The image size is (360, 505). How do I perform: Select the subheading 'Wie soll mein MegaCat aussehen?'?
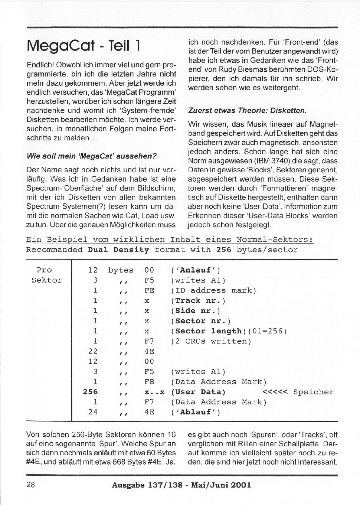tap(92, 156)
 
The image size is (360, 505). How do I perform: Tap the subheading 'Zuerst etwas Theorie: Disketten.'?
tap(248, 111)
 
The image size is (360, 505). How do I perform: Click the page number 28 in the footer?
tap(31, 485)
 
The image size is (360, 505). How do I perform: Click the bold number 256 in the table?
tap(90, 392)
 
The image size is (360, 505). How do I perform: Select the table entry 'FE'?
tap(149, 290)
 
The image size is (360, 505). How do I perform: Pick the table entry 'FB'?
tap(149, 382)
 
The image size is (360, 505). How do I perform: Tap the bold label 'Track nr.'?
tap(198, 301)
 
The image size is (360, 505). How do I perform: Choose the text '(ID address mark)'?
tap(213, 290)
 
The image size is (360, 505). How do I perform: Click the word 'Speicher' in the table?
tap(313, 392)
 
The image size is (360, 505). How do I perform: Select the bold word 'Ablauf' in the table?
tap(196, 412)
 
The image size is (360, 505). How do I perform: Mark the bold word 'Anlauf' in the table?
tap(196, 270)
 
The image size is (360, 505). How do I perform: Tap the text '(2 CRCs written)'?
tap(211, 341)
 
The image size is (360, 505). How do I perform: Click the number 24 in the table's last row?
tap(93, 412)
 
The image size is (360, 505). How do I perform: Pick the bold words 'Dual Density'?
tap(118, 250)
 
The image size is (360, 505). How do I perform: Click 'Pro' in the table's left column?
tap(44, 270)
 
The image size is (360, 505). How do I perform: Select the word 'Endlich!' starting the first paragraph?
tap(40, 65)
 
